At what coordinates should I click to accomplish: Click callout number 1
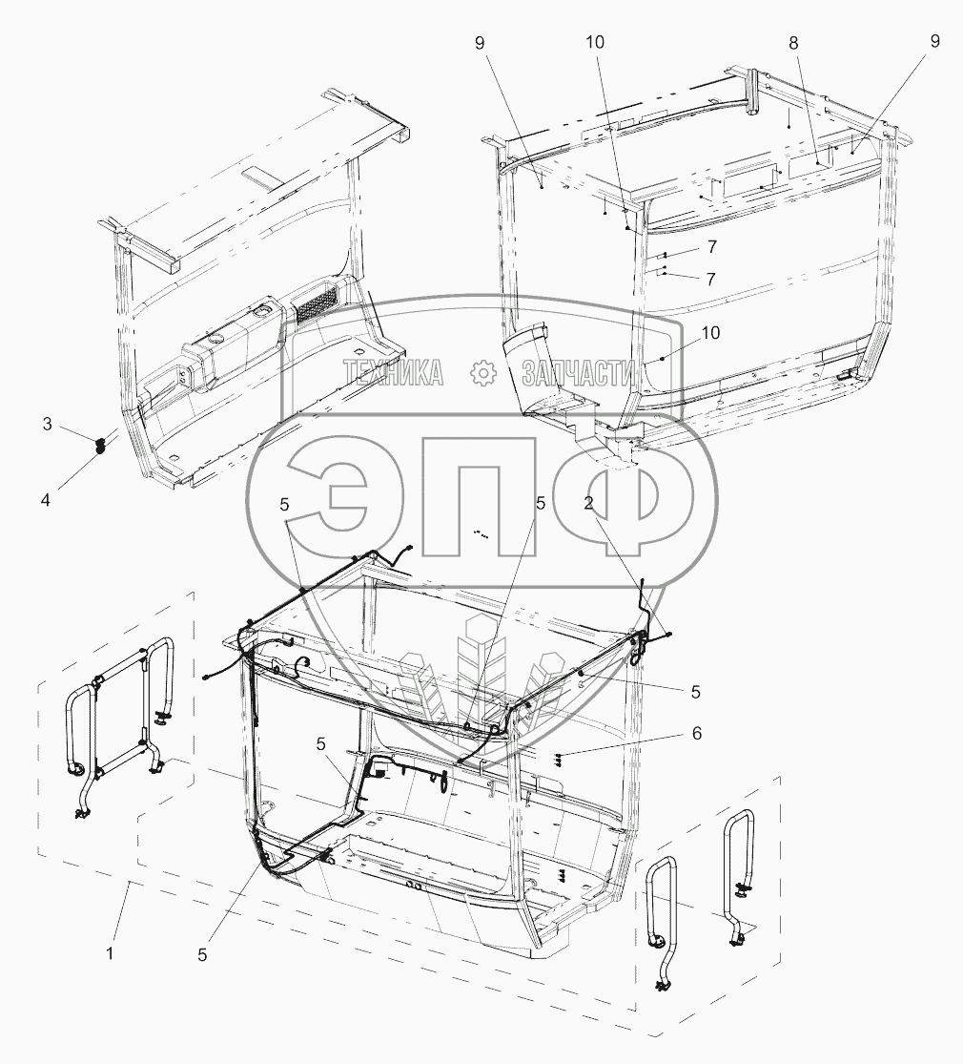[110, 953]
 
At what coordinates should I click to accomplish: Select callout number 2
[588, 503]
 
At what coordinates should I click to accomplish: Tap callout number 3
[47, 424]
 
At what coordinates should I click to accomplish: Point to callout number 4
[46, 500]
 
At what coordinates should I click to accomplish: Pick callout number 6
[696, 734]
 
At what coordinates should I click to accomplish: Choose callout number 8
[793, 44]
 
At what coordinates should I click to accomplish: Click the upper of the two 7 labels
[711, 247]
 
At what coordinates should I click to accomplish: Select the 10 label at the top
[595, 42]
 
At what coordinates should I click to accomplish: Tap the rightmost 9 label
[935, 41]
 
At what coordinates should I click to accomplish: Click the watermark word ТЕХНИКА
[394, 372]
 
